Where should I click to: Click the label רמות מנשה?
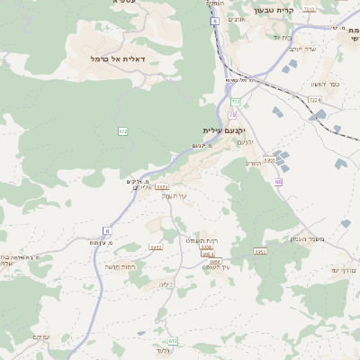(120, 266)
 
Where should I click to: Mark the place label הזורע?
(253, 163)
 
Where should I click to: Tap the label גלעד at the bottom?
(163, 350)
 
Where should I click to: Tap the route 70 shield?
(232, 114)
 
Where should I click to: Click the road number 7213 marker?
(310, 9)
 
